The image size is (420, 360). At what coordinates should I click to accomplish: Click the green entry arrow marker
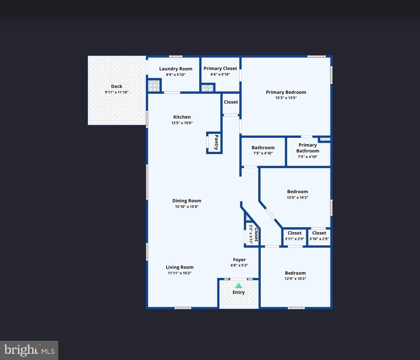click(x=239, y=286)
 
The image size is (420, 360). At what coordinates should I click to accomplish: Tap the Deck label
click(x=117, y=86)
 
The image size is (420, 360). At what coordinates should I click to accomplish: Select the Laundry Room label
click(x=176, y=69)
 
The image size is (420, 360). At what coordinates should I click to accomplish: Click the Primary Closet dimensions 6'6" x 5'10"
click(x=220, y=74)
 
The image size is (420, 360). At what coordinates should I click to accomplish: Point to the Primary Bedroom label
click(x=286, y=92)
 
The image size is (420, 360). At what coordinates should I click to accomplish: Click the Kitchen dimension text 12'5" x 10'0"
click(x=182, y=123)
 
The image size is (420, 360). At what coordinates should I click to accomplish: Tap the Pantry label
click(x=217, y=142)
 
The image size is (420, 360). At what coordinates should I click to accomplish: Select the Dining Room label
click(x=187, y=201)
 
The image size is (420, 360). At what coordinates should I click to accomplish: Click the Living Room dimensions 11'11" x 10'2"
click(x=180, y=273)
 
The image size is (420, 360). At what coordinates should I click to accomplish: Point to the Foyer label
click(x=239, y=260)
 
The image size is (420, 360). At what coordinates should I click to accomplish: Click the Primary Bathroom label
click(x=308, y=148)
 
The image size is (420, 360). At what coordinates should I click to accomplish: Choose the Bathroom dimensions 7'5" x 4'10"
click(x=263, y=153)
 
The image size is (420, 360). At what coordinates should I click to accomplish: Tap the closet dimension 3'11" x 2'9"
click(x=295, y=239)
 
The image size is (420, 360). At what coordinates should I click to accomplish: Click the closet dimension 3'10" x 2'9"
click(x=319, y=239)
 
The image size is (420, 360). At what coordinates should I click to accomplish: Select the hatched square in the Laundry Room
click(x=154, y=86)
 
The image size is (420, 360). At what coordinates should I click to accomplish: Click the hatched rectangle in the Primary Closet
click(x=207, y=88)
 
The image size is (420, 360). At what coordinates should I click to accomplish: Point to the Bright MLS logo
click(x=29, y=351)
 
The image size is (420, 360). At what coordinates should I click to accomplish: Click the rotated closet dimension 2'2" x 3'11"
click(x=251, y=234)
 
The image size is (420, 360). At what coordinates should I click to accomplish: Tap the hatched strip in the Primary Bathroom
click(x=325, y=139)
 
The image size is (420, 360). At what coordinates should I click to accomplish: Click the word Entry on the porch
click(x=239, y=293)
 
